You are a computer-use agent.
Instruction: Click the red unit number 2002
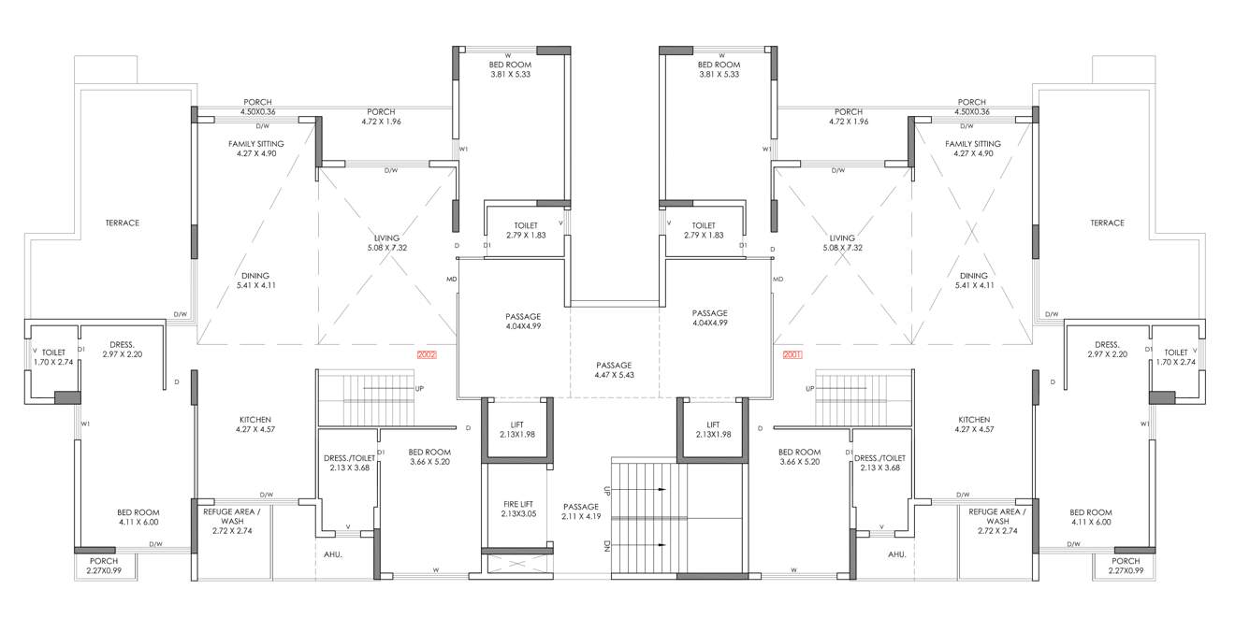tap(427, 354)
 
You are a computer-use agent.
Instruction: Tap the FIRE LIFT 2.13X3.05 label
tap(518, 509)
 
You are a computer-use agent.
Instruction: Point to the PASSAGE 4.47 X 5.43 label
tap(614, 370)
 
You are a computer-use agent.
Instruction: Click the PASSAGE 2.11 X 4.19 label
tap(580, 511)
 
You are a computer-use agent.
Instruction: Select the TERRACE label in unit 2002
tap(123, 223)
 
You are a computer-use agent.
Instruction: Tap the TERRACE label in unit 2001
tap(1107, 223)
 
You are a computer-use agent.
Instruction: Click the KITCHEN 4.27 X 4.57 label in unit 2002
tap(254, 424)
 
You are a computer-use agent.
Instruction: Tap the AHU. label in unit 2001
tap(896, 554)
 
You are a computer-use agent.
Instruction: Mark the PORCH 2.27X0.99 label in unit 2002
tap(104, 566)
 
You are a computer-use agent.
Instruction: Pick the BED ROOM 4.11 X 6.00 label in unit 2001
tap(1090, 517)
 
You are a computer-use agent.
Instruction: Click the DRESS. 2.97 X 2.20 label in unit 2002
tap(124, 350)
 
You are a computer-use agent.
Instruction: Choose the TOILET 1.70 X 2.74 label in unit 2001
tap(1176, 357)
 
